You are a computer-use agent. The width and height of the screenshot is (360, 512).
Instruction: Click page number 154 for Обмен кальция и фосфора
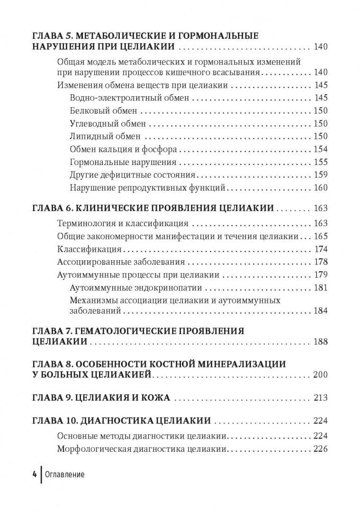(x=321, y=149)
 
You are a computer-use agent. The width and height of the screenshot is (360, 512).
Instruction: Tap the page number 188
(x=320, y=341)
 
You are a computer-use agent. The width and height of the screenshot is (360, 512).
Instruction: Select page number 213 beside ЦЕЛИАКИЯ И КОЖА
(x=320, y=398)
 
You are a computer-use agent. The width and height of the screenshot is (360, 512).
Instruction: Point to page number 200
(x=320, y=375)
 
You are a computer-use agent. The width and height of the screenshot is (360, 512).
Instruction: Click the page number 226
(x=320, y=449)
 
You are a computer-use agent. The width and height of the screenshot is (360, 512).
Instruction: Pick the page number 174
(x=321, y=249)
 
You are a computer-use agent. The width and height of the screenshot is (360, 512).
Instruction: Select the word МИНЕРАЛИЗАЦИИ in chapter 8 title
(x=243, y=364)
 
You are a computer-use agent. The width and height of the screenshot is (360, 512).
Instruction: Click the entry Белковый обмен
(x=103, y=111)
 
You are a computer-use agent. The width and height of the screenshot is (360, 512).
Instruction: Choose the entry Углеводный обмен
(x=108, y=124)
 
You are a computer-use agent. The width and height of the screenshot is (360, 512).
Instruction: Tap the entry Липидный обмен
(x=105, y=137)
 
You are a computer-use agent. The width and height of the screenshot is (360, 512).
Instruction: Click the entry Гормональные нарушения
(x=123, y=162)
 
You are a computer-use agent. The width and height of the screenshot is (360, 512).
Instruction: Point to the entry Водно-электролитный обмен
(x=129, y=98)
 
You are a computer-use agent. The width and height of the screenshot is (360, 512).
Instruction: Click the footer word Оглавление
(x=64, y=475)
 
